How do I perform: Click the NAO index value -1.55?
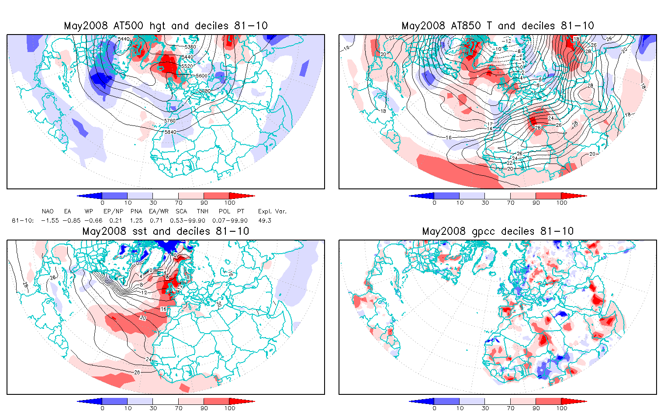coord(50,220)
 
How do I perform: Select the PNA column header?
coord(136,211)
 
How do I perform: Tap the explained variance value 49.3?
coord(265,220)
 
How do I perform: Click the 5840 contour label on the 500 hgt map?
coord(170,132)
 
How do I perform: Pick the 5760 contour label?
coord(170,121)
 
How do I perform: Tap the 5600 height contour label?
coord(201,76)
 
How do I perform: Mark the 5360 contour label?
coord(190,46)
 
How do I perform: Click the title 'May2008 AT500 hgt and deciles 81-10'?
coord(166,26)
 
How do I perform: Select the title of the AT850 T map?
coord(498,26)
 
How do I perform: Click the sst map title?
coord(166,231)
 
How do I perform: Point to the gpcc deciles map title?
coord(498,231)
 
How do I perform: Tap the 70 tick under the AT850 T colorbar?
coord(511,203)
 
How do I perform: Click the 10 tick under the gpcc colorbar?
coord(460,408)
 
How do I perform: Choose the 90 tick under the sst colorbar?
coord(204,408)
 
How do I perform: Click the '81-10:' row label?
coord(23,220)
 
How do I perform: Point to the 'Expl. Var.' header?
coord(272,211)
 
